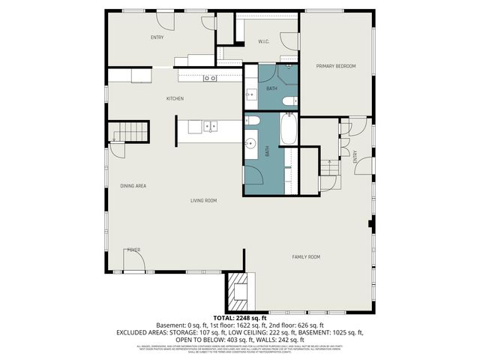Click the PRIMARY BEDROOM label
(335, 67)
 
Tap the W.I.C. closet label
(264, 41)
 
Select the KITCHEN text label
(175, 99)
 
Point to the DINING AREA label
(133, 185)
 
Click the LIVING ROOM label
(203, 200)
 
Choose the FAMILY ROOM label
(306, 257)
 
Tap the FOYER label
(133, 250)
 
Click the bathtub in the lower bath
(288, 129)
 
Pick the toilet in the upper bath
(295, 100)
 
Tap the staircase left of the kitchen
(130, 133)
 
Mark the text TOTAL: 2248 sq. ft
(239, 318)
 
